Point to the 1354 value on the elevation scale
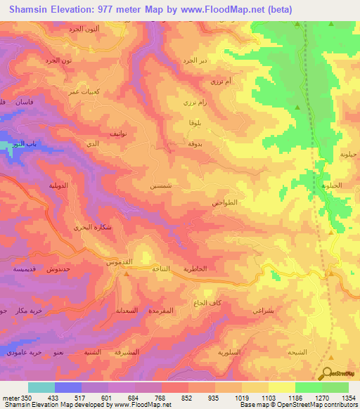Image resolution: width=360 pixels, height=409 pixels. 349,398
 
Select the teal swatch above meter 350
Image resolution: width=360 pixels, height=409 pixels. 41,387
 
